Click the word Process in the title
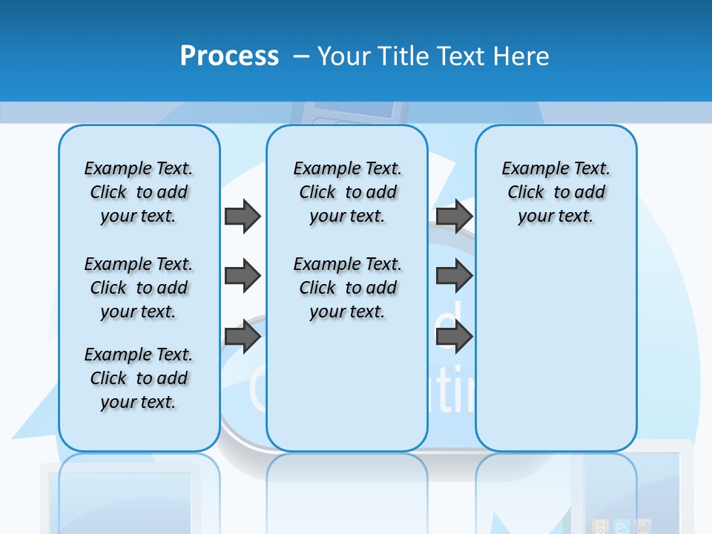229,56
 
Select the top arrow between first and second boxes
243,216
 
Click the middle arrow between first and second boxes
243,277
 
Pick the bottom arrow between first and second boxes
243,337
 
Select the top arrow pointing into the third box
454,216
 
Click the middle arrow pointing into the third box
454,277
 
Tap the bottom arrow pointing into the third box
454,337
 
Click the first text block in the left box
138,192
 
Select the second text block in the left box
138,288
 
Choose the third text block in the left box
138,378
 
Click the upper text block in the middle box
347,192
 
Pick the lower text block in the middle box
347,288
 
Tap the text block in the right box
556,192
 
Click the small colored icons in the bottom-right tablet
622,526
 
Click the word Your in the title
343,56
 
